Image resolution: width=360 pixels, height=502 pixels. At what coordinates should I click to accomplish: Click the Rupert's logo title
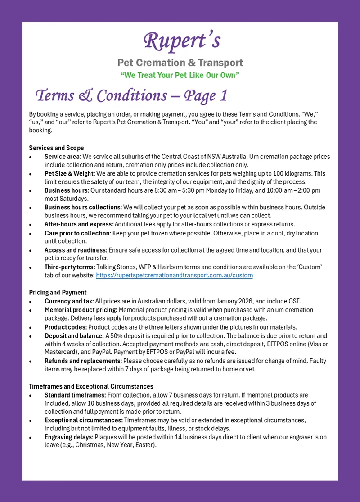[x=182, y=41]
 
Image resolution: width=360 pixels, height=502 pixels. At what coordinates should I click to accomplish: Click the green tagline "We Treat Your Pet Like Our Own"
[x=180, y=75]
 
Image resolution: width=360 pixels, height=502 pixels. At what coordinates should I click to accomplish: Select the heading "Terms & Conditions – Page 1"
[x=131, y=95]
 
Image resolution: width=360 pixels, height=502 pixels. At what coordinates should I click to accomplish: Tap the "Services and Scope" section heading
[x=56, y=148]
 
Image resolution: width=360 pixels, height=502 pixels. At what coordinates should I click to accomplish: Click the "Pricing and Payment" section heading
[x=58, y=293]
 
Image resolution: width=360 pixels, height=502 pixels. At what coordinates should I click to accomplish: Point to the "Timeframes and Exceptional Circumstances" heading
[x=91, y=386]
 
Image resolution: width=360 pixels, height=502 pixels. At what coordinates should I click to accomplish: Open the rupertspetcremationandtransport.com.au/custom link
[x=174, y=275]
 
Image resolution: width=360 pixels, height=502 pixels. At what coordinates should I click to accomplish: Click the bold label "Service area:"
[x=63, y=157]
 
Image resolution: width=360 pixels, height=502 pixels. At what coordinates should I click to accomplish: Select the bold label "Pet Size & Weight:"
[x=69, y=173]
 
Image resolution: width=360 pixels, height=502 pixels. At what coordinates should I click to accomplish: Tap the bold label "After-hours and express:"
[x=79, y=224]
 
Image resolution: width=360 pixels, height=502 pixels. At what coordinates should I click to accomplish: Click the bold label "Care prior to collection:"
[x=78, y=233]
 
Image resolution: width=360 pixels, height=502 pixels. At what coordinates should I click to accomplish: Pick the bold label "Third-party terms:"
[x=70, y=267]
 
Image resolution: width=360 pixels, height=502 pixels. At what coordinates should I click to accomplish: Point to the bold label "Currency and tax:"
[x=69, y=301]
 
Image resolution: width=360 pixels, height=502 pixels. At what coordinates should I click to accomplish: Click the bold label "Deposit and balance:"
[x=74, y=336]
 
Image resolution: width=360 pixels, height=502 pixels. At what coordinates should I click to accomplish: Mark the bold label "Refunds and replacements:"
[x=83, y=361]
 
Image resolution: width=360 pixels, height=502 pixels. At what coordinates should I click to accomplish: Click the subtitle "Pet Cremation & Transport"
[x=180, y=63]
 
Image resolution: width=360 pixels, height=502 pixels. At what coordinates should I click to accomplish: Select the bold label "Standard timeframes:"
[x=75, y=395]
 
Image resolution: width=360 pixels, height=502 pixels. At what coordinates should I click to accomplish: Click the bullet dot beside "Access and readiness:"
[x=30, y=251]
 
